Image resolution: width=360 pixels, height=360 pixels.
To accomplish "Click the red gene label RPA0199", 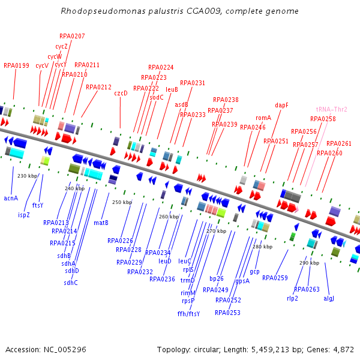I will (16, 65).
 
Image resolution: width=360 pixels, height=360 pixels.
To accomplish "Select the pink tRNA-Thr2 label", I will (331, 109).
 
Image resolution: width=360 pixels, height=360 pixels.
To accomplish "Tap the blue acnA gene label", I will (11, 197).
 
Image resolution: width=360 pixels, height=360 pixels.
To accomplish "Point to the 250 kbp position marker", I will (122, 202).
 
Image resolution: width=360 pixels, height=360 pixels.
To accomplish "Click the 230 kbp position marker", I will (28, 176).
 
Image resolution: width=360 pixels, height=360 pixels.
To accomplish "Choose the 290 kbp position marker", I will (309, 263).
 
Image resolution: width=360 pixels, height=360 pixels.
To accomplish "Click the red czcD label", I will (121, 93).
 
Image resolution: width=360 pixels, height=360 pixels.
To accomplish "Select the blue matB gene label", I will (101, 223).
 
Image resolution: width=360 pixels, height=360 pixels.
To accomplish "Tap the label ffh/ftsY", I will (188, 314).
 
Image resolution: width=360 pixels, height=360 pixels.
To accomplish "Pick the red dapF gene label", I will (281, 105).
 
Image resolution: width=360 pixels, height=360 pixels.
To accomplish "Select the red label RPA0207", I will (72, 36).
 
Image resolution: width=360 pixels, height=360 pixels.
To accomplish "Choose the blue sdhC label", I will (71, 283).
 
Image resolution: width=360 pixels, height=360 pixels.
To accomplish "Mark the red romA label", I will (263, 118).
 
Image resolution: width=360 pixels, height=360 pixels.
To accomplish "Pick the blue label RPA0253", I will (227, 313).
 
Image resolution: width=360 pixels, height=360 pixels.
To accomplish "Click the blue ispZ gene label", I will (24, 214).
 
